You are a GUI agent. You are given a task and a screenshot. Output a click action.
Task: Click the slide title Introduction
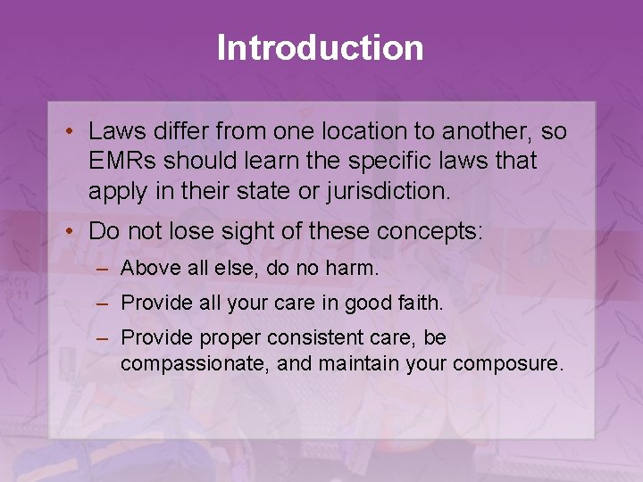click(321, 48)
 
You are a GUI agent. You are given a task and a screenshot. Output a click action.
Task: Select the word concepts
click(430, 232)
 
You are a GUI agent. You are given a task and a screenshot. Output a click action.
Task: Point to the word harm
click(355, 268)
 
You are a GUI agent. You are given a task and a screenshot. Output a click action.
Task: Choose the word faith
click(419, 303)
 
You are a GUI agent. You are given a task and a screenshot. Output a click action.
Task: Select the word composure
click(508, 364)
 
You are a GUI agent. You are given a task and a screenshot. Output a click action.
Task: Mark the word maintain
click(355, 364)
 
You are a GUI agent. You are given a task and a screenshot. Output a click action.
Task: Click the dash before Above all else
click(104, 268)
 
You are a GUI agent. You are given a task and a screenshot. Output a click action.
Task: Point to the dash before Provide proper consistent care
click(104, 339)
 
